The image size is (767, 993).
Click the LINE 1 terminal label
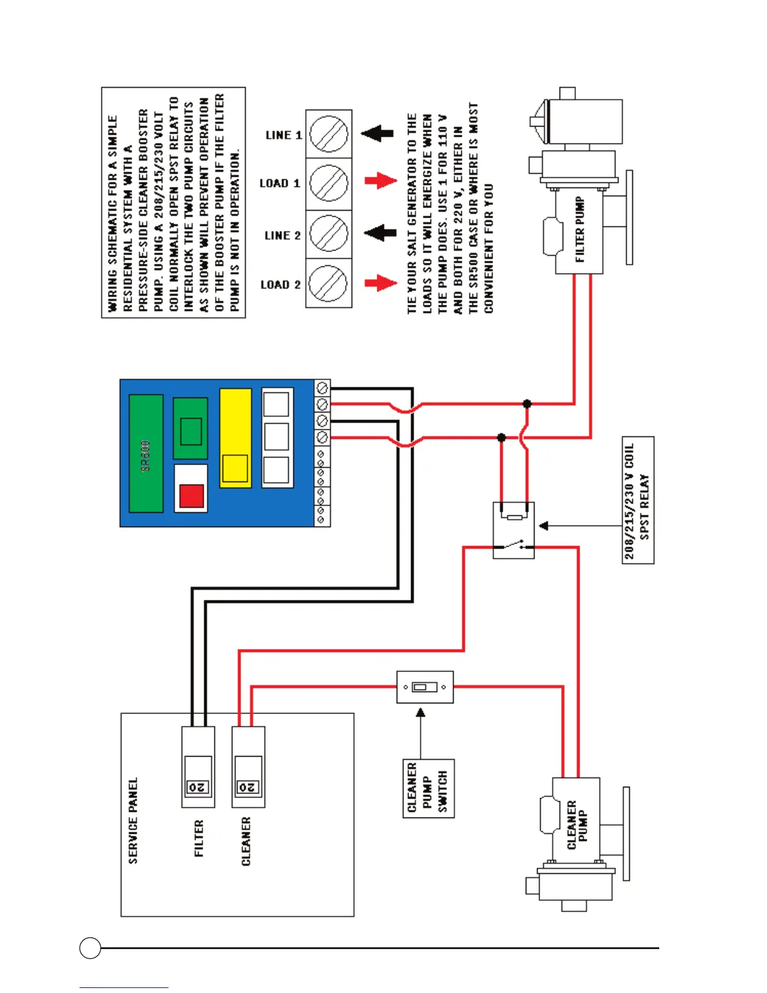283,135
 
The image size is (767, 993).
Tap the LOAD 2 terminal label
280,285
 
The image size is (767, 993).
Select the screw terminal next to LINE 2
328,234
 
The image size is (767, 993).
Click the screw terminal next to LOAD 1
328,183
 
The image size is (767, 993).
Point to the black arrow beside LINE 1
377,133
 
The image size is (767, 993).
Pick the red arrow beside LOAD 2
380,283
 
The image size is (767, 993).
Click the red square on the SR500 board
191,496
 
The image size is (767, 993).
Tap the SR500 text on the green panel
146,455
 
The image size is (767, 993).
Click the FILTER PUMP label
580,229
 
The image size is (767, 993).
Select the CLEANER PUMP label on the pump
577,825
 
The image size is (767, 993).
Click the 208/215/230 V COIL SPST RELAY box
638,500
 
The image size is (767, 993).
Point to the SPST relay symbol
514,530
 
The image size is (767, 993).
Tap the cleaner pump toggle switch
425,687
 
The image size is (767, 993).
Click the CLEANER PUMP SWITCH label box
428,788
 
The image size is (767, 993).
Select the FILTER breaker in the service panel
198,767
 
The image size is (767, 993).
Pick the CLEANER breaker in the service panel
248,767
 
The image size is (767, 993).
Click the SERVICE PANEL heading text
133,821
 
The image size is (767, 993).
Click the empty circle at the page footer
90,947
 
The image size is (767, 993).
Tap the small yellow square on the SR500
235,468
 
